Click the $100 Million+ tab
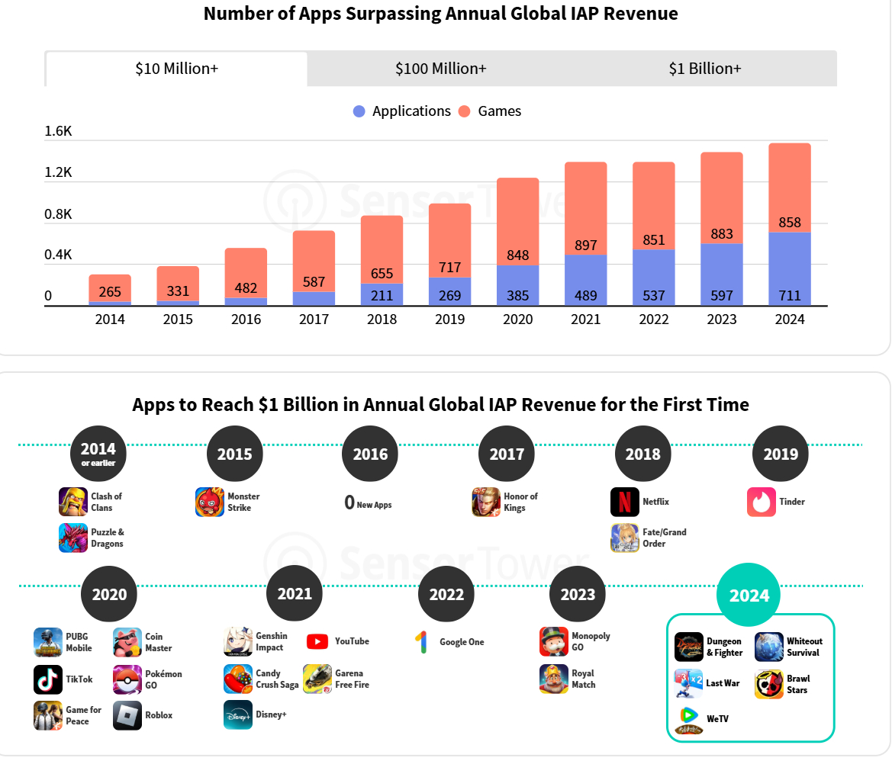tap(440, 69)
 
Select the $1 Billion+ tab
tap(704, 69)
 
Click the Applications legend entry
tap(402, 111)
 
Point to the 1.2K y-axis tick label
tap(58, 172)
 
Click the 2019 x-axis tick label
tap(449, 319)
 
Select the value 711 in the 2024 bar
tap(789, 296)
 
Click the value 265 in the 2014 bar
tap(110, 292)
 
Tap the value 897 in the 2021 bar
tap(585, 245)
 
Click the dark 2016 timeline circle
tap(370, 454)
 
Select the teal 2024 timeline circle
tap(749, 596)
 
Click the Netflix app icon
tap(625, 502)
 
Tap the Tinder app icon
tap(762, 502)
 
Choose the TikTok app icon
tap(48, 679)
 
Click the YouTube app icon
tap(317, 641)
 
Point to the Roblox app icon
tap(127, 715)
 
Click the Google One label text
tap(462, 642)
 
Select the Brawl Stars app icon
tap(769, 684)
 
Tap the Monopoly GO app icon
tap(554, 641)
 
